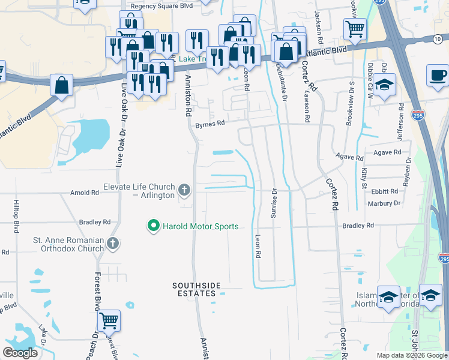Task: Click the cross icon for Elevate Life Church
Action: click(184, 191)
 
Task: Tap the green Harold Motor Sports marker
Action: click(153, 226)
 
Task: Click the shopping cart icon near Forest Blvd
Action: click(109, 321)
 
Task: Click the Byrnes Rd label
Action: click(209, 123)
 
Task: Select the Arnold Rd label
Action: click(84, 193)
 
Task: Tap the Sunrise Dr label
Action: click(274, 204)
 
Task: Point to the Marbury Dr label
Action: click(384, 203)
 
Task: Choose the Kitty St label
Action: click(364, 179)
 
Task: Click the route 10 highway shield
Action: click(437, 38)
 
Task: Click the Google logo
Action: click(21, 353)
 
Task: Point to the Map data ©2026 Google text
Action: click(411, 355)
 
